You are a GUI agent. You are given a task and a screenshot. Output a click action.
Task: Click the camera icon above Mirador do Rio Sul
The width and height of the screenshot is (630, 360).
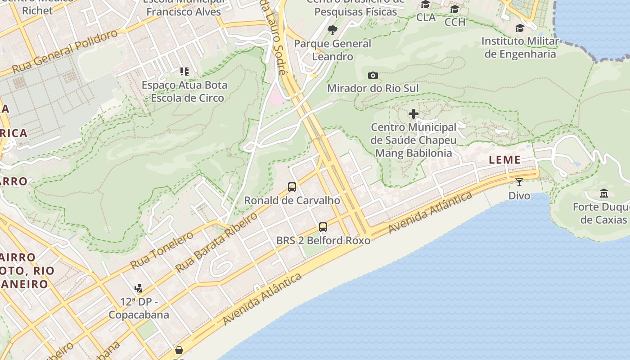[373, 75]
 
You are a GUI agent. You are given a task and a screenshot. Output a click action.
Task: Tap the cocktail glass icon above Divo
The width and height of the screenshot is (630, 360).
[519, 182]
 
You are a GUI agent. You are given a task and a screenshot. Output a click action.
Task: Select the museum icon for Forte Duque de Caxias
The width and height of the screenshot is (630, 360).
[604, 193]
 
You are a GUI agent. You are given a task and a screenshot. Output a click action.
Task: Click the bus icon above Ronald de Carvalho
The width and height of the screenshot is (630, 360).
[292, 187]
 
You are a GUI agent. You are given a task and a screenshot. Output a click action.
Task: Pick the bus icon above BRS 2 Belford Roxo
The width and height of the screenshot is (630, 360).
[323, 227]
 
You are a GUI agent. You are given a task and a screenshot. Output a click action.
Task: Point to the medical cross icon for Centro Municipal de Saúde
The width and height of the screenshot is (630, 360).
[414, 114]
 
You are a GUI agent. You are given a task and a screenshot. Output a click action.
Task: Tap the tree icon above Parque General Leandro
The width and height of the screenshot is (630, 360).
[333, 30]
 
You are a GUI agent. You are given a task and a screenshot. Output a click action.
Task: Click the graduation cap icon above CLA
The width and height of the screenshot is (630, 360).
[425, 5]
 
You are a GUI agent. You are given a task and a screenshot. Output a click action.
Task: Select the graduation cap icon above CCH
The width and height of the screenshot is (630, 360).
[455, 9]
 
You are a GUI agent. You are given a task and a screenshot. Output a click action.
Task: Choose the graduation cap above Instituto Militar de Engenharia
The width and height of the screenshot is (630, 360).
[520, 28]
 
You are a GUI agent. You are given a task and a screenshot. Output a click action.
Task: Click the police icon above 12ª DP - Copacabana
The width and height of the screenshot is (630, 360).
[139, 288]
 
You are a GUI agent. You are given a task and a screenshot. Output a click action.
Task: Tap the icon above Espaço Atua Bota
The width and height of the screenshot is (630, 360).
[184, 71]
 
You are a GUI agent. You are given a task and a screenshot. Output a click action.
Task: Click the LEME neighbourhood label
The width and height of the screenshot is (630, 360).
[504, 160]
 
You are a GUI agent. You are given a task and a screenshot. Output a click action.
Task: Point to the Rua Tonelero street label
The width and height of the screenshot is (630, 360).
[162, 250]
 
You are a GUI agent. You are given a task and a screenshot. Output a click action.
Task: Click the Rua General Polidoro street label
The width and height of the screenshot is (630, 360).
[65, 52]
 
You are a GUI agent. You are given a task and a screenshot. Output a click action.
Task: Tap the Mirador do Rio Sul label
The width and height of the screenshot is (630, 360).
[373, 88]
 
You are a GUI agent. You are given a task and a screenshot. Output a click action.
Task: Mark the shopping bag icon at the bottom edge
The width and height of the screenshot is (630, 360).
[179, 350]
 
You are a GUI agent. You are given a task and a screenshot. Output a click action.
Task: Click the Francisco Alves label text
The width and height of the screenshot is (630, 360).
[184, 12]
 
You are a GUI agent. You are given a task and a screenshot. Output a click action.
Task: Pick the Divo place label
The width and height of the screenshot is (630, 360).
[519, 196]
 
